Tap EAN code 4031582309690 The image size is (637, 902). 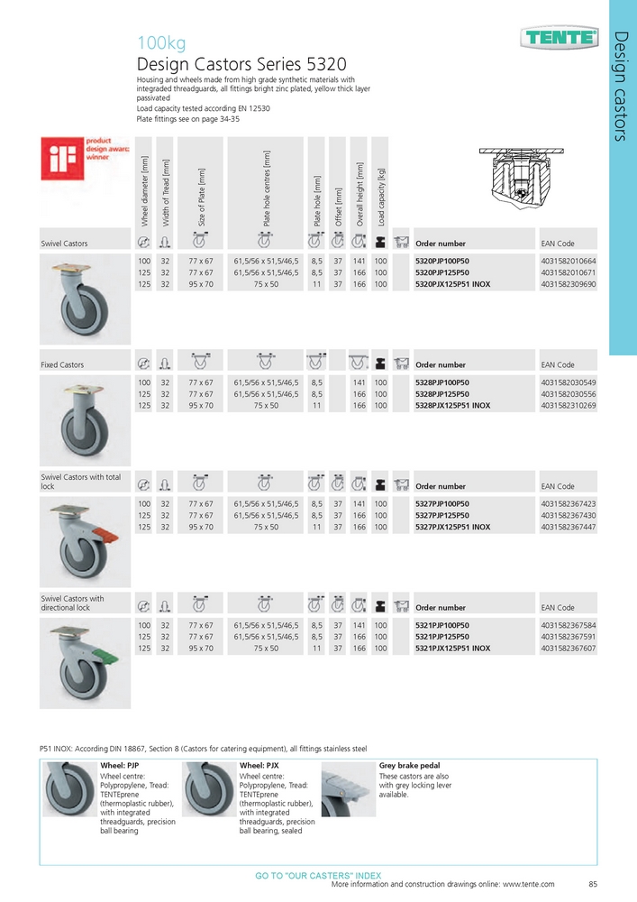[x=569, y=284]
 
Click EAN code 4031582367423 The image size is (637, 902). [x=569, y=503]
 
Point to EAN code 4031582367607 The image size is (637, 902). [x=569, y=649]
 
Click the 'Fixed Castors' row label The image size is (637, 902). [x=62, y=365]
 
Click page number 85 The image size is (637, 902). [x=592, y=885]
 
